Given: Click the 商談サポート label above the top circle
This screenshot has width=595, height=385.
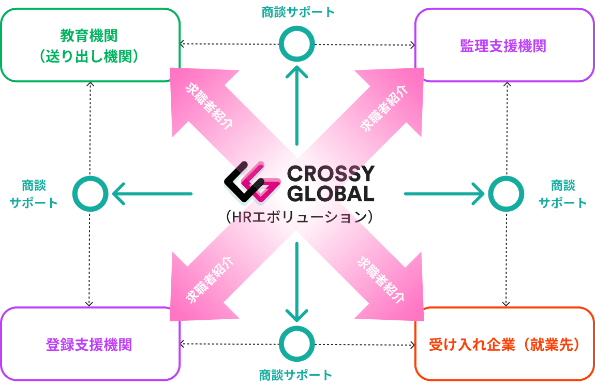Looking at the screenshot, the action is (x=298, y=12).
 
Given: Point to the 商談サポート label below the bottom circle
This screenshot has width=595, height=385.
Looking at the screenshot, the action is (x=295, y=375).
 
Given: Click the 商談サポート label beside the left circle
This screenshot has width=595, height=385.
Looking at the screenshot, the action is (x=34, y=194).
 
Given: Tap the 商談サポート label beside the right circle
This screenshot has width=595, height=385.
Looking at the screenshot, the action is (x=563, y=194).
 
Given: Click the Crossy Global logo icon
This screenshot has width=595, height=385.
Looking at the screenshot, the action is (x=252, y=182).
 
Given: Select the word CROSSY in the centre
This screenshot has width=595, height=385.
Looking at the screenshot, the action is (x=331, y=174).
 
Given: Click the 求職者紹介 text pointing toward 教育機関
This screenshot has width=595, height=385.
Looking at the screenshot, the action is (x=209, y=105).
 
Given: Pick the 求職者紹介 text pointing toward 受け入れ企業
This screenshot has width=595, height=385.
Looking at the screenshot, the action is (x=381, y=279).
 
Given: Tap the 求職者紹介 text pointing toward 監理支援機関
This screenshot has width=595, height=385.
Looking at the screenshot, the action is (x=383, y=108).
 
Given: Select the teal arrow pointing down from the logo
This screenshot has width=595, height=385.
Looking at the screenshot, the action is (x=297, y=282).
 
